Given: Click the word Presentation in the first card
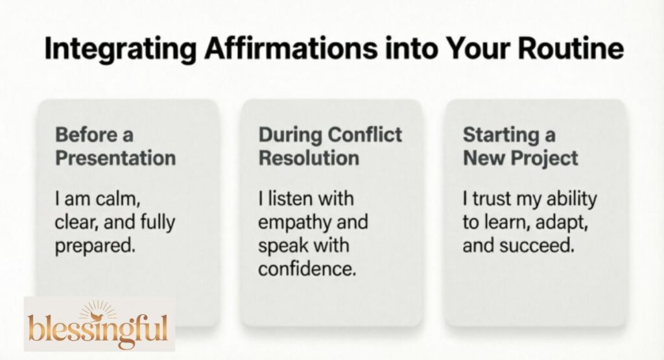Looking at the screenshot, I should tap(115, 158).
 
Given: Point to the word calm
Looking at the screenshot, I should tap(119, 200).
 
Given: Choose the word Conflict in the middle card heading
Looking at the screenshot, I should tap(366, 135).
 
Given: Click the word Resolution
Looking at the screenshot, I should tap(309, 158).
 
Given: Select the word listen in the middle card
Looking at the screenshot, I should tap(290, 200).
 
